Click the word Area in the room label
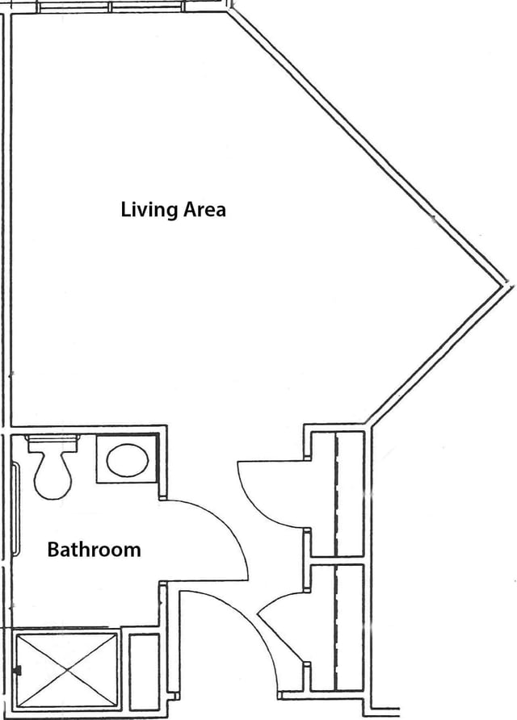coord(204,209)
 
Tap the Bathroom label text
coord(94,549)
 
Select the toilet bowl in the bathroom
coord(53,475)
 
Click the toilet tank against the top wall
coord(51,444)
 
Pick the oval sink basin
coord(128,460)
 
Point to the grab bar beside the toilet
coord(16,509)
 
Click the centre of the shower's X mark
coord(66,671)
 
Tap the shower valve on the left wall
coord(18,671)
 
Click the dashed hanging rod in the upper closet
coord(337,495)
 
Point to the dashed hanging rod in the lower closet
coord(337,627)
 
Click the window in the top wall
coord(111,7)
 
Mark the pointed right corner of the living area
coord(506,285)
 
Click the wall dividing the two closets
coord(338,561)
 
